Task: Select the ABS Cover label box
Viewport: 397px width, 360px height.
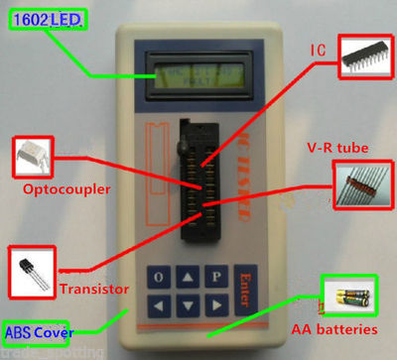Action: click(36, 330)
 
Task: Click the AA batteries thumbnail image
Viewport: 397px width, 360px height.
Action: click(352, 296)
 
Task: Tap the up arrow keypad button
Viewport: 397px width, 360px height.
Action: click(186, 276)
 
